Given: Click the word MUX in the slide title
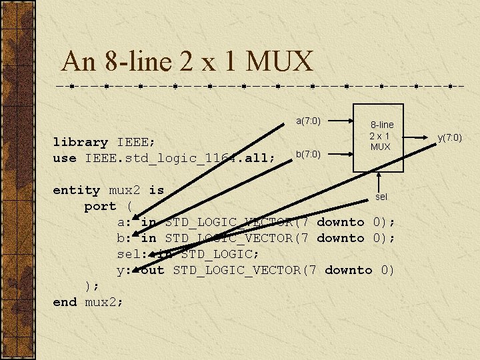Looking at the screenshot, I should click(x=280, y=62).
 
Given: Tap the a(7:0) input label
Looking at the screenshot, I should click(x=308, y=121).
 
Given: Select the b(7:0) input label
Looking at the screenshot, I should click(x=308, y=154).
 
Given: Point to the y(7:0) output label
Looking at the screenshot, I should click(x=449, y=137).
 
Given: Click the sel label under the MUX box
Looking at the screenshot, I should click(x=381, y=197).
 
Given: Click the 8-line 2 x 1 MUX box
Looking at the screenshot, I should click(x=379, y=137).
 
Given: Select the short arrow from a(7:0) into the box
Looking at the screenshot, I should click(x=342, y=121).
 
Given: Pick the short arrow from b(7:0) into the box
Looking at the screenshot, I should click(x=342, y=154).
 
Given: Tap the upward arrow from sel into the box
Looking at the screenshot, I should click(x=379, y=181).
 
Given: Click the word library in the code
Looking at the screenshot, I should click(x=80, y=142).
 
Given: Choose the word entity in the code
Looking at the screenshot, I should click(x=76, y=190).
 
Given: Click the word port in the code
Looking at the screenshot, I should click(x=100, y=206).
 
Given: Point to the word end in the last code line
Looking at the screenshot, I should click(x=65, y=302).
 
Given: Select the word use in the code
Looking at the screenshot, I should click(x=65, y=158).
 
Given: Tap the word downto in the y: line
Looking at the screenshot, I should click(x=348, y=270).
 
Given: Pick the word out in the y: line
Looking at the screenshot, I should click(x=153, y=270).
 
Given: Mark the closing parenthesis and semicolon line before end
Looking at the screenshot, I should click(x=93, y=286).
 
